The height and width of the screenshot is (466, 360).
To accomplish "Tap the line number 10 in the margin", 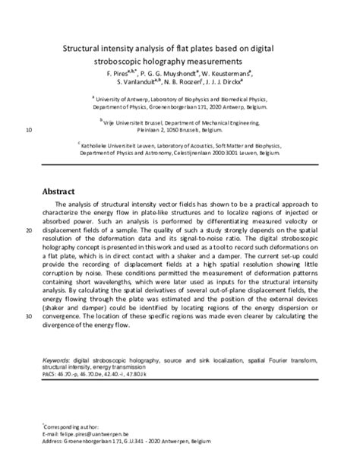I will [x=29, y=130].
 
